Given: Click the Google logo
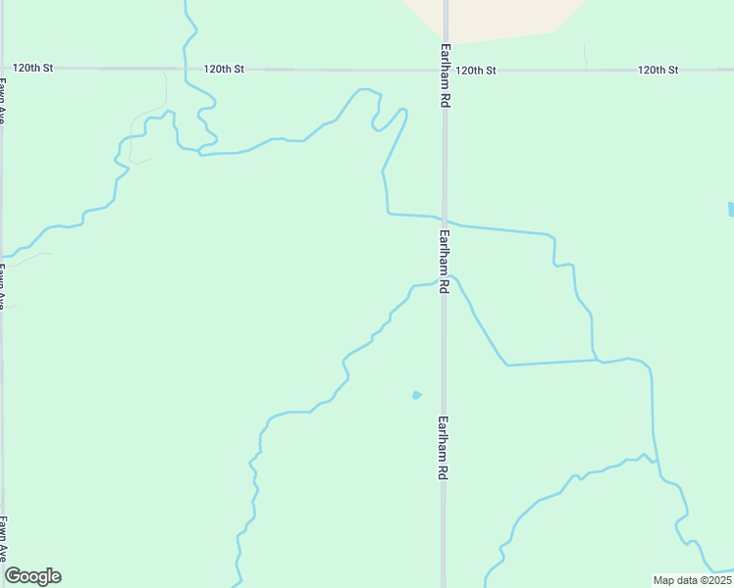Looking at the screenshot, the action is [33, 576].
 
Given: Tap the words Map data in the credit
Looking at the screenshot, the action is [674, 579].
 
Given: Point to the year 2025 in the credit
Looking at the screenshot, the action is [713, 579].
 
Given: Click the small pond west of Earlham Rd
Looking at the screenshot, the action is [417, 395].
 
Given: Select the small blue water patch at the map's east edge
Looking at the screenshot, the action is [731, 209].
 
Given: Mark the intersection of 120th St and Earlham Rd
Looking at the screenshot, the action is [445, 70].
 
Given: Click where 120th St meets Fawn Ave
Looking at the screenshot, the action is [2, 70].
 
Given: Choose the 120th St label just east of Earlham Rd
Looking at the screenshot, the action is [476, 71].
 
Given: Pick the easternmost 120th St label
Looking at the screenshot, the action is [657, 71].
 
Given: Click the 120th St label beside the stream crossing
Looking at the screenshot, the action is [224, 70].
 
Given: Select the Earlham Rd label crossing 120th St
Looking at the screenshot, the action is [446, 75].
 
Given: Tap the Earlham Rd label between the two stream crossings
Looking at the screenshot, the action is [445, 261].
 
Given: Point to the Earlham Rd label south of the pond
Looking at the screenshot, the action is [445, 447].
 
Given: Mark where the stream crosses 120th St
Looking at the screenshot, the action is [184, 70].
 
